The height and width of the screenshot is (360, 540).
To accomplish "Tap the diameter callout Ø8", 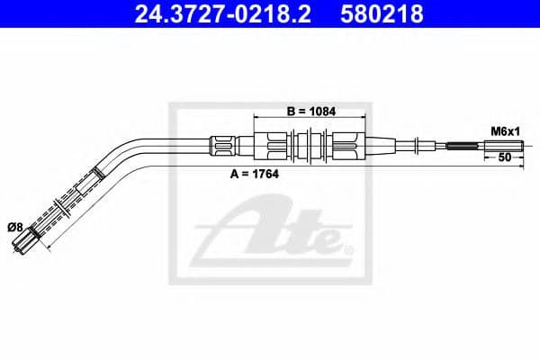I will (x=15, y=228).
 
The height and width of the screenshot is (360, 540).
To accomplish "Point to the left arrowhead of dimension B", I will (x=259, y=118).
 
